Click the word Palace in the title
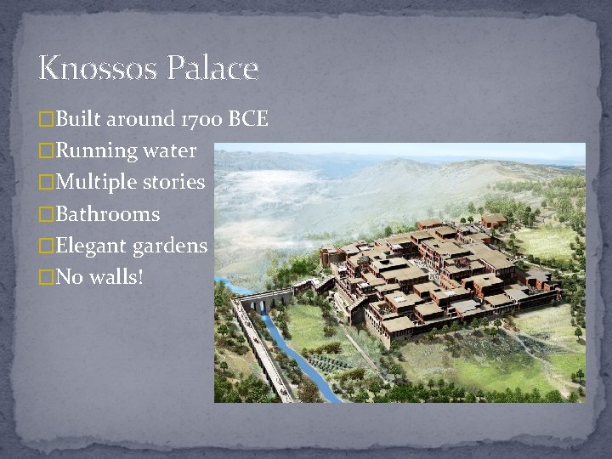[x=214, y=68]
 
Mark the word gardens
[x=170, y=246]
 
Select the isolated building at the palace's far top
[x=494, y=220]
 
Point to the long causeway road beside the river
[x=258, y=353]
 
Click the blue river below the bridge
[x=295, y=357]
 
